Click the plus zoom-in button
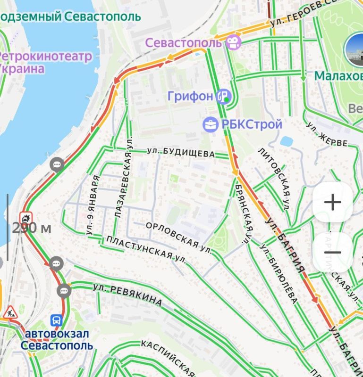coord(332,203)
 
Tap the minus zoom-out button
coord(332,252)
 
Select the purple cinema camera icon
coord(233,42)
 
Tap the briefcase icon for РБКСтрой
coord(210,125)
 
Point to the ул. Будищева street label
coord(181,152)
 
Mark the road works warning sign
coord(9,312)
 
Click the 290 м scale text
coord(32,229)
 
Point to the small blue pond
coord(286,141)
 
